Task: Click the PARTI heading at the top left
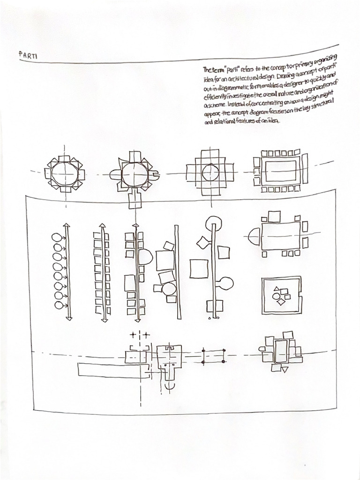click(x=28, y=55)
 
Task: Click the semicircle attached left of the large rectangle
click(x=254, y=236)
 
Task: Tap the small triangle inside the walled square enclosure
click(x=277, y=290)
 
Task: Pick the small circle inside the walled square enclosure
click(x=276, y=297)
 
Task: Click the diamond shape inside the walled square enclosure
click(x=281, y=302)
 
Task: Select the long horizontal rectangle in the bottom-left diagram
click(x=111, y=369)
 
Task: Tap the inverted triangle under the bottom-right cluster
click(x=285, y=369)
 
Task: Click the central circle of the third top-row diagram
click(x=211, y=173)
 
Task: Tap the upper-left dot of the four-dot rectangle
click(x=203, y=350)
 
